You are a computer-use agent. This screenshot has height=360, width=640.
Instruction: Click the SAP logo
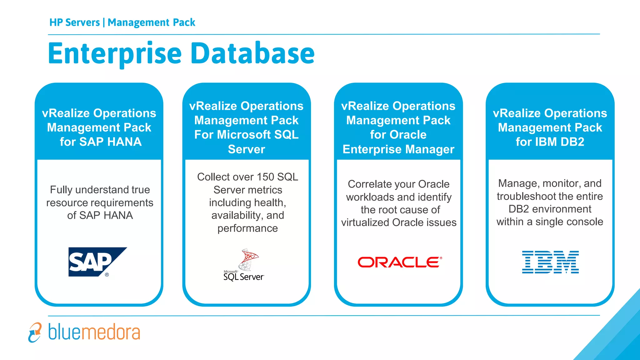94,262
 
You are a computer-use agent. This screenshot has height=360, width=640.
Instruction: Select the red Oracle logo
399,262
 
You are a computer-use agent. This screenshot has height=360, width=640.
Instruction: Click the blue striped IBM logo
550,262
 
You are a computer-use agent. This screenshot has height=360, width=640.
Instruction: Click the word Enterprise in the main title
115,54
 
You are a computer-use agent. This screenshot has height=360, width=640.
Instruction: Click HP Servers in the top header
74,22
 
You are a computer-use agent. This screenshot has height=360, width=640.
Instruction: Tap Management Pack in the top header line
151,22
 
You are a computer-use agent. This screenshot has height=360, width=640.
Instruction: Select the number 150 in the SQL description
265,177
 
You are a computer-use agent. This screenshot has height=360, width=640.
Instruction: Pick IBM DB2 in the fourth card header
559,142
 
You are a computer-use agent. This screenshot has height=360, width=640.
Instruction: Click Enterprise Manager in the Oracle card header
398,149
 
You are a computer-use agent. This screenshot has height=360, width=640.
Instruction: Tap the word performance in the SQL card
247,228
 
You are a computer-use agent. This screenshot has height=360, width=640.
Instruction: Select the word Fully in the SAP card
61,190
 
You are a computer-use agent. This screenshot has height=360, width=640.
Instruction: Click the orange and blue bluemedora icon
35,332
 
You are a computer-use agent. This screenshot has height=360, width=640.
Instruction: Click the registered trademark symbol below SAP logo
107,275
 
